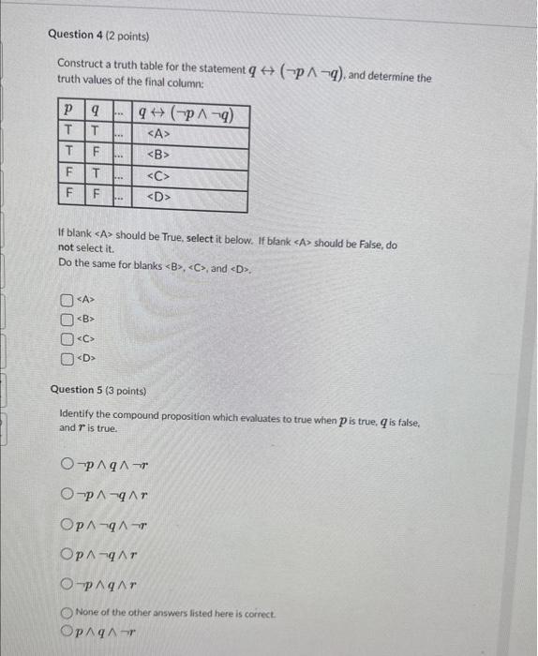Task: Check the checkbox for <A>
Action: (x=67, y=301)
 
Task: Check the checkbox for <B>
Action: (x=67, y=320)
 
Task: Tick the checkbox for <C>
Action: (x=67, y=338)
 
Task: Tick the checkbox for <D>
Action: (x=67, y=357)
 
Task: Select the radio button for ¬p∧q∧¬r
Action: (x=67, y=463)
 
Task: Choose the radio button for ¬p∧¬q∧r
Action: (x=67, y=494)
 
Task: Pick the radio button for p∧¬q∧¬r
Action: (x=67, y=525)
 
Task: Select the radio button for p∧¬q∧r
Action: (x=67, y=555)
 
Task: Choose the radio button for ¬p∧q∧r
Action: (x=67, y=586)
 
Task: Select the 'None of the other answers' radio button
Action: (x=67, y=613)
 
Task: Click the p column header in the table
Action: (x=67, y=112)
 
